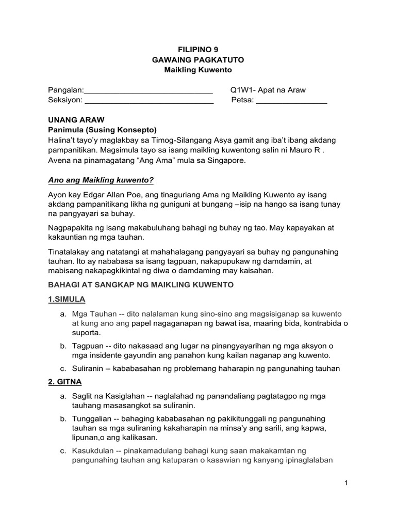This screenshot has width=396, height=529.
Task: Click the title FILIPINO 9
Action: (198, 50)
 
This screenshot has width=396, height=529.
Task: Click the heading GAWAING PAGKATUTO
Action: (198, 60)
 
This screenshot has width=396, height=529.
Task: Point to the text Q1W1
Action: (241, 90)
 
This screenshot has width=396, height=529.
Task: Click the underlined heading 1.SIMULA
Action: (67, 299)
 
